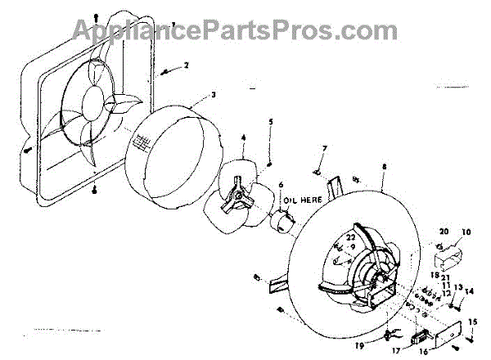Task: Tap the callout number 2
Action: pos(187,64)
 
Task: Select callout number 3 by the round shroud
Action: pos(214,95)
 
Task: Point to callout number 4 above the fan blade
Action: pos(243,140)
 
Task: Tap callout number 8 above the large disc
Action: pos(383,168)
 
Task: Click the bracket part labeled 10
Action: pos(446,259)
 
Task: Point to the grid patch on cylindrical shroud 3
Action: pos(143,144)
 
